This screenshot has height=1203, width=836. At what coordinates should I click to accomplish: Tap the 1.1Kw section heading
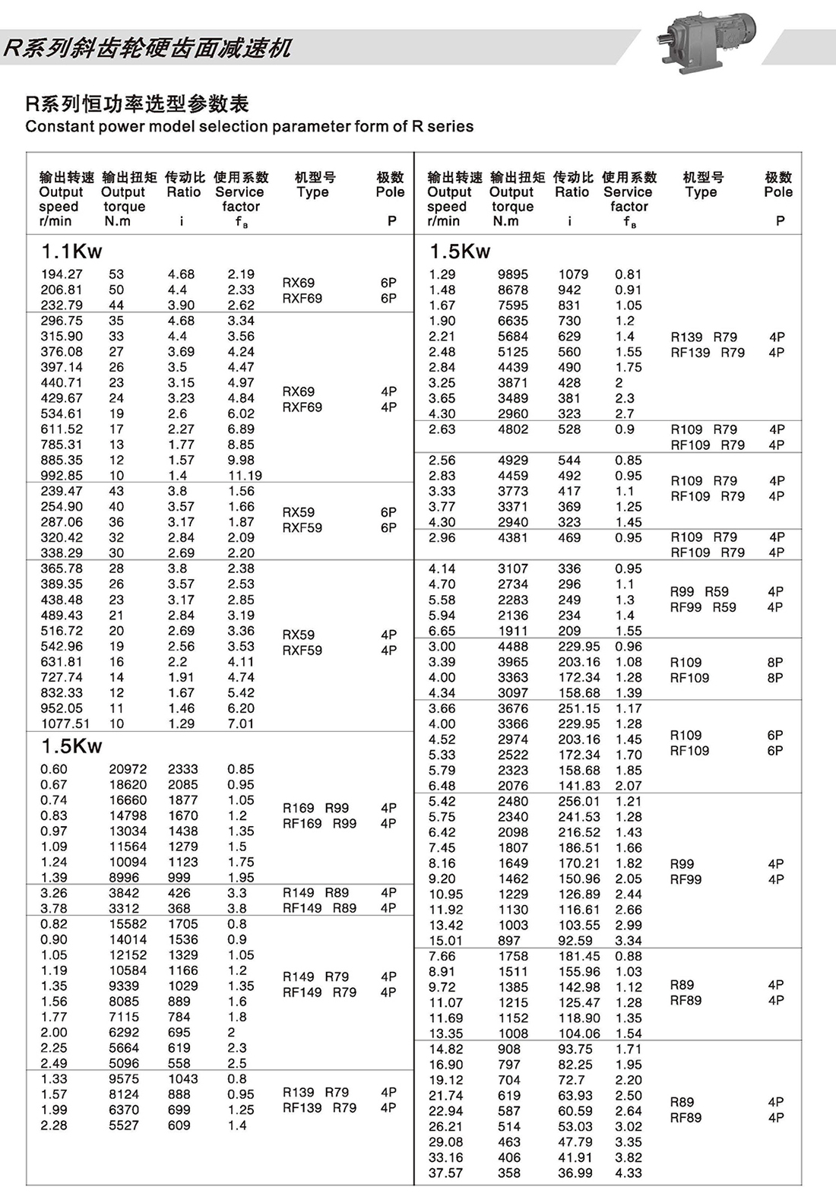(x=71, y=252)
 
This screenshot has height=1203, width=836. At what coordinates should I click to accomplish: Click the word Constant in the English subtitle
(x=57, y=126)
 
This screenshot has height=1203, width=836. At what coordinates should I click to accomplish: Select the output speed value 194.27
(x=62, y=274)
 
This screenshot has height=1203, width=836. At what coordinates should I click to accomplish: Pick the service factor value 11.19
(x=245, y=476)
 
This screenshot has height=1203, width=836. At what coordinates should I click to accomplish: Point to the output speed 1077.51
(x=65, y=723)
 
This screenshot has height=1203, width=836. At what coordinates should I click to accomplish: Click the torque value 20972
(x=128, y=769)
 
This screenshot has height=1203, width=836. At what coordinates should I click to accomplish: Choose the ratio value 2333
(x=182, y=769)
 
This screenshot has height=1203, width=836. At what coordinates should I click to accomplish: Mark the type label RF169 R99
(x=319, y=824)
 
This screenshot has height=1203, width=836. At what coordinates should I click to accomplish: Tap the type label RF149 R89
(x=319, y=908)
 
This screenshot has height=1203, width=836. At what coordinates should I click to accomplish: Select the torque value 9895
(x=513, y=274)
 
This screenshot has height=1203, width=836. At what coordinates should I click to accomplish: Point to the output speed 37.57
(x=446, y=1173)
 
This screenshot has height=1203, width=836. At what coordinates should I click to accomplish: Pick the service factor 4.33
(x=629, y=1173)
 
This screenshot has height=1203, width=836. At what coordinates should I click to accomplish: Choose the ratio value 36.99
(x=575, y=1173)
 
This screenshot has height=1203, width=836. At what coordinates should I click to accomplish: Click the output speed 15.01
(x=445, y=941)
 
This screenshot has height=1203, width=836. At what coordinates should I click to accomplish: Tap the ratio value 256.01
(x=578, y=801)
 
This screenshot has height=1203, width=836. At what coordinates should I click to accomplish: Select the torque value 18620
(x=128, y=784)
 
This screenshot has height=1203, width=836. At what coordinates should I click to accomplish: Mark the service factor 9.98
(x=241, y=461)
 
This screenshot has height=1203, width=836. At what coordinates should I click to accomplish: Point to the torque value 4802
(x=513, y=429)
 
